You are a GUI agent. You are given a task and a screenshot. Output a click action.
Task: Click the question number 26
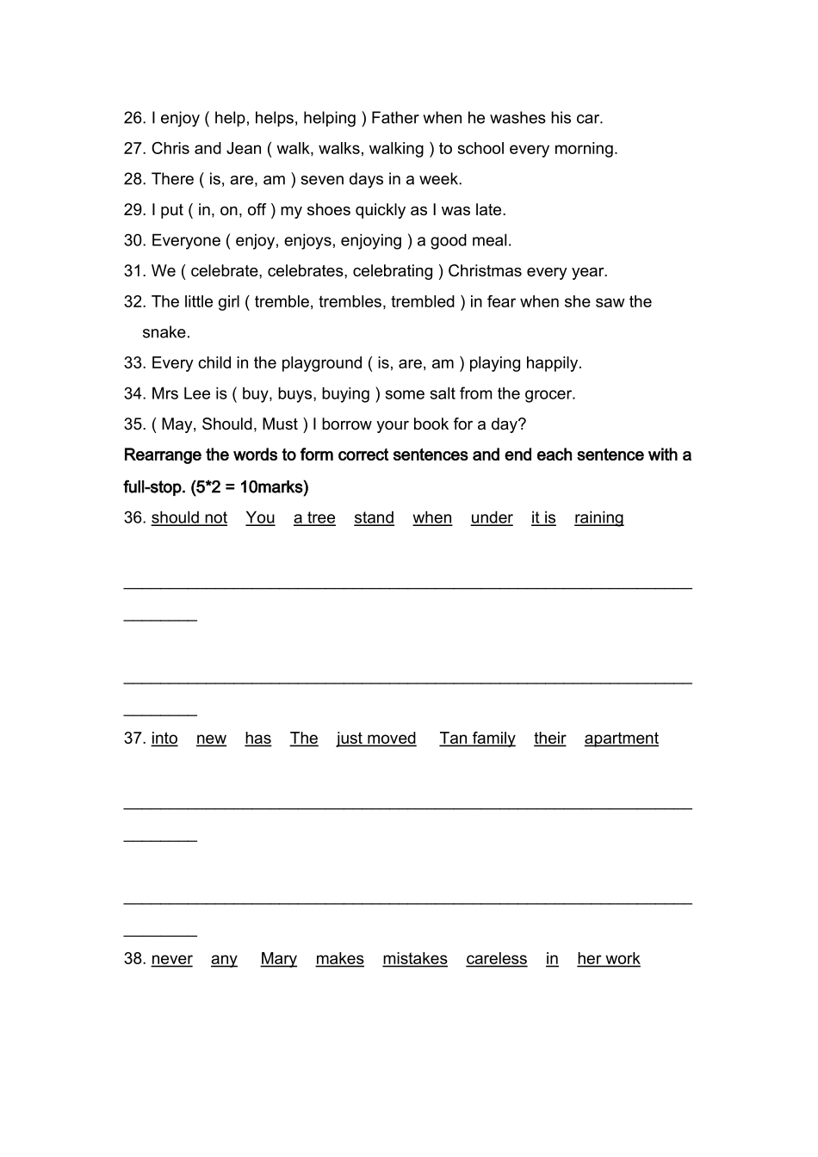pos(134,118)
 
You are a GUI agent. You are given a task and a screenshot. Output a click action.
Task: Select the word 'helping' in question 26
pos(327,118)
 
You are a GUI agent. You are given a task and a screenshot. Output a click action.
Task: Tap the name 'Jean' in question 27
pos(244,149)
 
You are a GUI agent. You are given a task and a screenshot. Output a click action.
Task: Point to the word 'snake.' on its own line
pos(166,332)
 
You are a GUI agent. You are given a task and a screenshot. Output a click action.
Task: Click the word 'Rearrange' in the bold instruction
pos(162,455)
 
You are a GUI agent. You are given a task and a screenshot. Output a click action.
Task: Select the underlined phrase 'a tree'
pos(314,518)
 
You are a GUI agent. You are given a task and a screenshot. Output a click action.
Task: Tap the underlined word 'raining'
pos(598,518)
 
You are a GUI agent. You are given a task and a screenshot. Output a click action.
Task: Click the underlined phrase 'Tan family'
pos(477,739)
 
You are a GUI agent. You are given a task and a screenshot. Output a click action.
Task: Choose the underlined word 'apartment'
pos(621,739)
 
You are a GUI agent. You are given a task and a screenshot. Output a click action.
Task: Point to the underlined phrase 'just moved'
pos(376,739)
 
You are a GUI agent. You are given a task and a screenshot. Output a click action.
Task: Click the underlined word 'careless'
pos(496,959)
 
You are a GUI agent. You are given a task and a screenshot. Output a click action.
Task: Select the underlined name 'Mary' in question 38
pos(278,959)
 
